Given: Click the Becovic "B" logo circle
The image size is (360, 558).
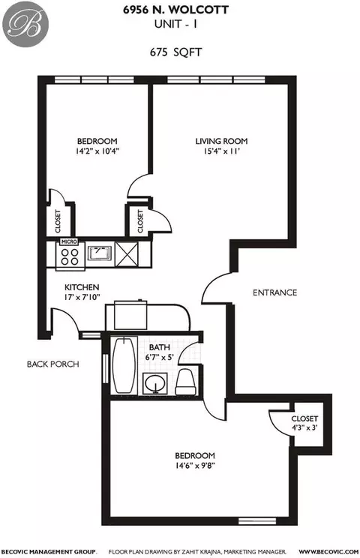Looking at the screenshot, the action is (x=25, y=23).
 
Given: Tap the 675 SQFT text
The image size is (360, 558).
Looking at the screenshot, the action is (x=175, y=52).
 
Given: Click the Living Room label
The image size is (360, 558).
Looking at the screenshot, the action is (x=221, y=141).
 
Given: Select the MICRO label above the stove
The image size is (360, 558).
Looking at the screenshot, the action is (x=69, y=242).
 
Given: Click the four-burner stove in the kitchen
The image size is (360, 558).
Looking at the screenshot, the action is (x=70, y=257).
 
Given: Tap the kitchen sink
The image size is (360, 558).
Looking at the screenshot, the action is (x=99, y=253).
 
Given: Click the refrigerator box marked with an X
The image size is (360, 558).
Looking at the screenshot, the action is (x=127, y=254).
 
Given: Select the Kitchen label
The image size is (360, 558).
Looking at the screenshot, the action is (x=82, y=287).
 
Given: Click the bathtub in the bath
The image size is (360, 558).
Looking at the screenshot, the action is (x=124, y=365).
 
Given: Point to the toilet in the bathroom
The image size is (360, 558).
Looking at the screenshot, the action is (x=185, y=382).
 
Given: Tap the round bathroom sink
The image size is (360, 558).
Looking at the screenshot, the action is (x=155, y=383).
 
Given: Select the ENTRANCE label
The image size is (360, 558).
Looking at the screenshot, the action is (x=274, y=292).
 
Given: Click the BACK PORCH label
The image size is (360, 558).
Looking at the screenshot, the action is (x=53, y=364).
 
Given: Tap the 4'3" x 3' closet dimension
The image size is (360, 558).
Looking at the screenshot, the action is (x=304, y=427).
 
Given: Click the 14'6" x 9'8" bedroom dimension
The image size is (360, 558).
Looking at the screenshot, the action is (x=195, y=466).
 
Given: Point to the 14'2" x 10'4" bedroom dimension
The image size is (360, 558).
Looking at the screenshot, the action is (x=97, y=151).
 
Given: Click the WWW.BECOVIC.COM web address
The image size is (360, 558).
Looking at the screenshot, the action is (x=328, y=551).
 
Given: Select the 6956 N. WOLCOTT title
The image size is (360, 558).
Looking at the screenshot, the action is (x=175, y=10).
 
